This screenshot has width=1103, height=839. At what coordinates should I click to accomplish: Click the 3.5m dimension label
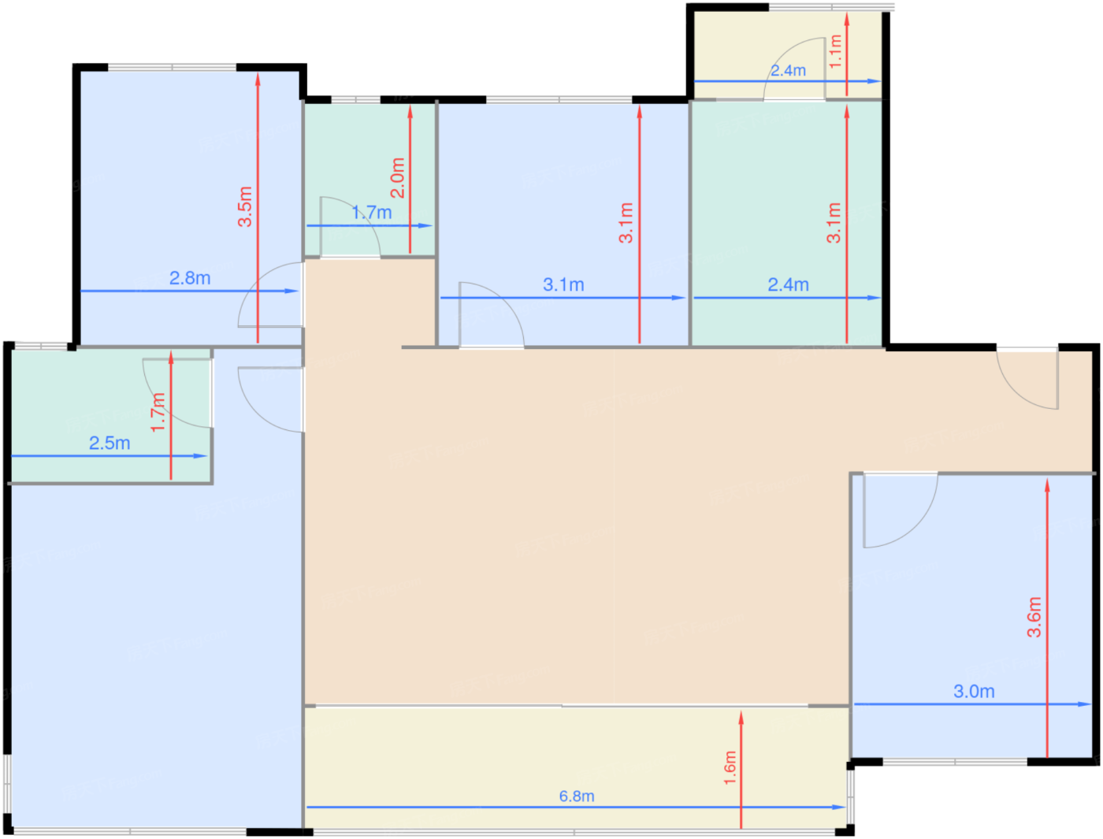pos(245,206)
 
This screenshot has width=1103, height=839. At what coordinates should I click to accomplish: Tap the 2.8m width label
pos(189,278)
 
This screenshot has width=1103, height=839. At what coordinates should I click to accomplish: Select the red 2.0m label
pos(398,178)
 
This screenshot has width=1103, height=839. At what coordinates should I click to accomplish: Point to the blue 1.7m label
pos(372,213)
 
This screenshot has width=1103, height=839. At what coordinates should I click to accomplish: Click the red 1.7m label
pos(158,412)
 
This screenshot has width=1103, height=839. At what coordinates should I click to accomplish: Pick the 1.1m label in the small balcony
pos(834,51)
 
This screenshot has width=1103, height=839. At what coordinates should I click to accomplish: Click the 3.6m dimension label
pos(1034,618)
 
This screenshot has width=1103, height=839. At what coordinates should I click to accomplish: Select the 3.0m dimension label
pos(974,692)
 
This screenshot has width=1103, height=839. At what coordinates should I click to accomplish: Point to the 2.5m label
pos(110,443)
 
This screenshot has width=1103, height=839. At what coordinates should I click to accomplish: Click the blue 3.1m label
pos(563,285)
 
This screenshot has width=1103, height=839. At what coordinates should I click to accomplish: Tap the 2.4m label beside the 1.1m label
pos(788,71)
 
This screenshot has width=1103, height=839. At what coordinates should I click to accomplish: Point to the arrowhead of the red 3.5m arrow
pos(258,80)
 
